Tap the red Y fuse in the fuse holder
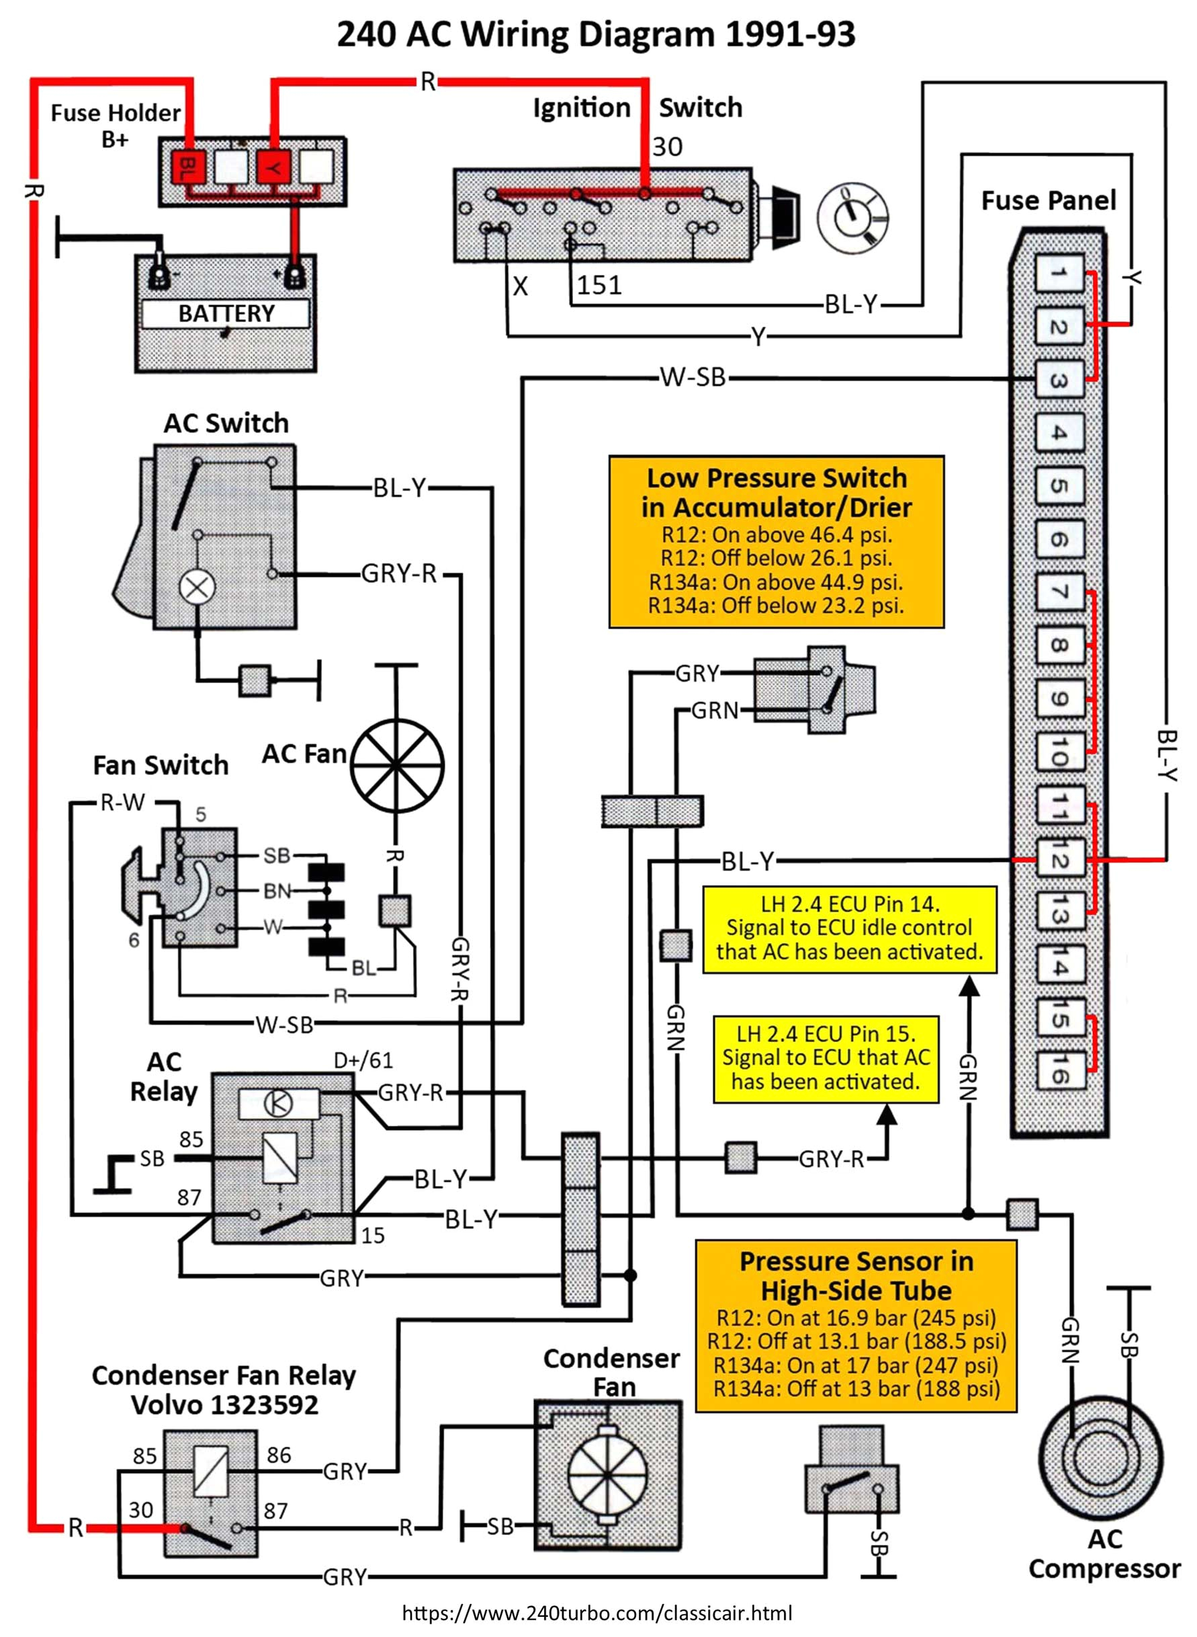point(273,168)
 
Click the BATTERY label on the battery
point(226,313)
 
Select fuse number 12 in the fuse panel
point(1058,860)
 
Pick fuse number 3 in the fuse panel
point(1058,380)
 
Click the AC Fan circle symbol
point(396,766)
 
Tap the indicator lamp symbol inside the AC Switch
point(197,586)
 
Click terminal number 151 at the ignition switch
point(599,285)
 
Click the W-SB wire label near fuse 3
point(692,378)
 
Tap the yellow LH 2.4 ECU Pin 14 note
point(849,928)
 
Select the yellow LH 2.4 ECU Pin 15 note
point(826,1058)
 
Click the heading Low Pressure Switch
point(776,478)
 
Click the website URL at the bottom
point(597,1613)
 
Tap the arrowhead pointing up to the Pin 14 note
point(969,986)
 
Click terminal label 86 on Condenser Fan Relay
point(278,1455)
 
